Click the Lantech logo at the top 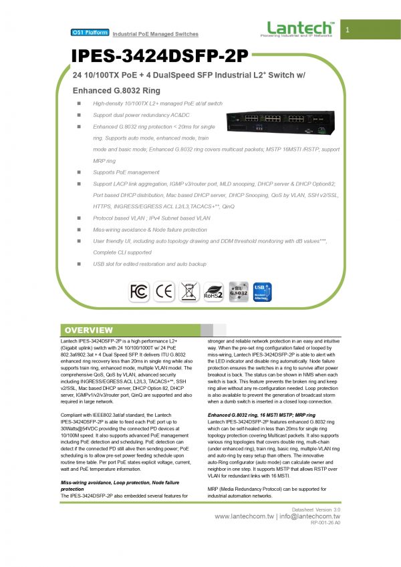pyautogui.click(x=299, y=29)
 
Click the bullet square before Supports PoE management pyautogui.click(x=78, y=172)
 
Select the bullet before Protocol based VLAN pyautogui.click(x=78, y=218)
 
